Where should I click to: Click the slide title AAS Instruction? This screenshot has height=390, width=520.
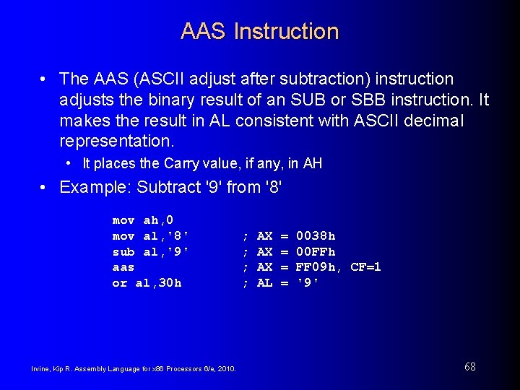tap(259, 32)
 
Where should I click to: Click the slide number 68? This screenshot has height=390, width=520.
tap(469, 367)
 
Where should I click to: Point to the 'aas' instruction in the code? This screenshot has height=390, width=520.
tap(123, 267)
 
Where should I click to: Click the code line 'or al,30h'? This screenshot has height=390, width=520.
tap(147, 283)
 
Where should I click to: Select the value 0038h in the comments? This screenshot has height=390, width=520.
tap(316, 236)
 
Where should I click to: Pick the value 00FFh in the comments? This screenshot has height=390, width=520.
tap(316, 251)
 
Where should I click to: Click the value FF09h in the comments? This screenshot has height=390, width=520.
tap(316, 267)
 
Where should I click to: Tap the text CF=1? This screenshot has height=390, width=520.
tap(365, 267)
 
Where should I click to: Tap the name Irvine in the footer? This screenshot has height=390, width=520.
tap(41, 369)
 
